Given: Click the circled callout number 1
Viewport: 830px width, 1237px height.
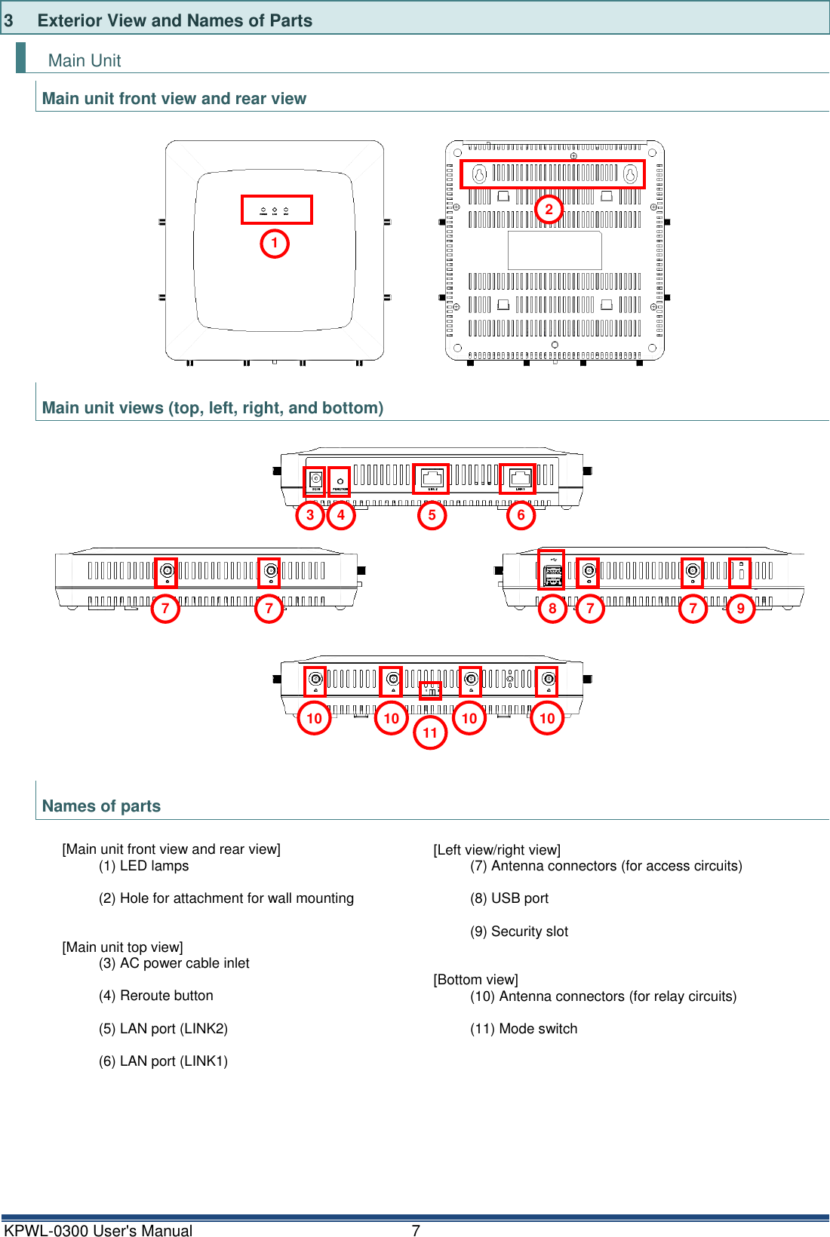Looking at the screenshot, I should [275, 244].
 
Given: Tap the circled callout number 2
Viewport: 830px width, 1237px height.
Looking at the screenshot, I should [549, 209].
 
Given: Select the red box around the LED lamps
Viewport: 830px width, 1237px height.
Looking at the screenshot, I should [276, 210].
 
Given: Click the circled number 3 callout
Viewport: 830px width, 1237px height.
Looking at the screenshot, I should [310, 515].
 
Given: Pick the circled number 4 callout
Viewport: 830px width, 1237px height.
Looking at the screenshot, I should [341, 515].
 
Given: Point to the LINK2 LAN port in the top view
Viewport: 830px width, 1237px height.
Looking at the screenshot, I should [431, 479].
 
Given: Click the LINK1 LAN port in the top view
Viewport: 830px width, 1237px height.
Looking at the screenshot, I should [518, 479].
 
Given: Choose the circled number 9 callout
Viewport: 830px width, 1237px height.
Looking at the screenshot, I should [740, 608].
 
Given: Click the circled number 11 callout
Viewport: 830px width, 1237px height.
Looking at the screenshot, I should [430, 732].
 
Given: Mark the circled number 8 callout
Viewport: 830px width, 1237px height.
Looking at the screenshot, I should [552, 608].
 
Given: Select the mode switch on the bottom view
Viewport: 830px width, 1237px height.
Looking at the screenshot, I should [430, 690].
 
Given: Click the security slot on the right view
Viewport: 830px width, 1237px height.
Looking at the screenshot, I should [739, 572].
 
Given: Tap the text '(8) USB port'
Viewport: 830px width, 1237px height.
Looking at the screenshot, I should [509, 898].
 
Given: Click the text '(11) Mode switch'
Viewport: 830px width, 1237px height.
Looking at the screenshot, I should [524, 1029].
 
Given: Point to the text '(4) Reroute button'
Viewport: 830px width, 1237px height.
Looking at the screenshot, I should [156, 996].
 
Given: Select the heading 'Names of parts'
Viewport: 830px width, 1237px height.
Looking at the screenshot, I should [101, 806].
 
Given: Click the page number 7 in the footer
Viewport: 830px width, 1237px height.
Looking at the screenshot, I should [416, 1230].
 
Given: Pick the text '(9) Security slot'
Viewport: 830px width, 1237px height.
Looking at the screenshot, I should [519, 932].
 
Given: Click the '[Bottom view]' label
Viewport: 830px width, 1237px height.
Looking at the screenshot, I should [475, 980].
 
